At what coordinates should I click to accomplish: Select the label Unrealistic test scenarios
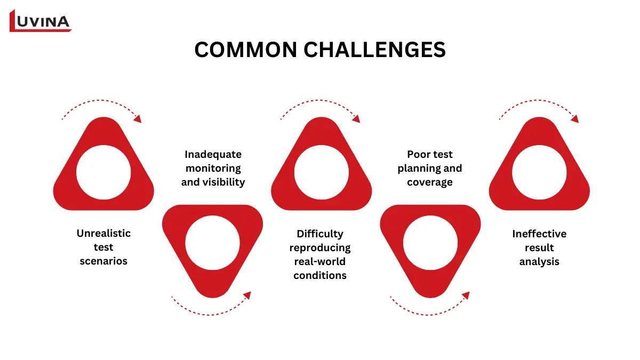coord(103,247)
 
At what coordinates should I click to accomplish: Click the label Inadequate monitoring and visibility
coord(213,168)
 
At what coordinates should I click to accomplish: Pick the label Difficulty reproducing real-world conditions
coord(320,254)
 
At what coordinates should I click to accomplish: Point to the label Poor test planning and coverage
coord(429,168)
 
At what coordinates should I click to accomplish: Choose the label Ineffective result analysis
coord(539,247)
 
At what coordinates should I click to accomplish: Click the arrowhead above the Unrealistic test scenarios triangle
coord(138,118)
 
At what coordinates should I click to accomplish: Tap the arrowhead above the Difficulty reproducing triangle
coord(356,118)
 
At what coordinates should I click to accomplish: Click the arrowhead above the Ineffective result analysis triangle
coord(574,118)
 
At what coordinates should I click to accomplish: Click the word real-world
coord(320,261)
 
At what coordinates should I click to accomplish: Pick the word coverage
coord(429,182)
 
